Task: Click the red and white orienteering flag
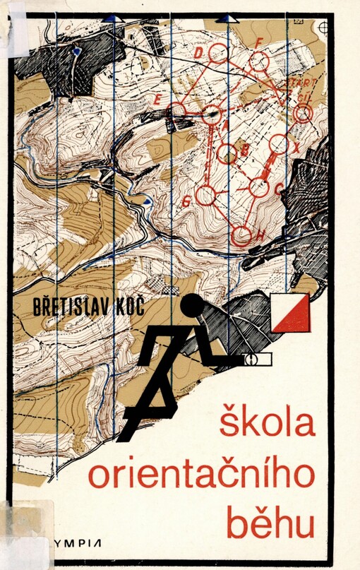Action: [x=292, y=313]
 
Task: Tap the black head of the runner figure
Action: [x=191, y=306]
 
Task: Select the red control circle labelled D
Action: [x=218, y=52]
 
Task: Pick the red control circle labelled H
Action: [x=242, y=235]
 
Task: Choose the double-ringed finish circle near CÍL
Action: [x=303, y=112]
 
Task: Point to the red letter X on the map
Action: [x=297, y=148]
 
